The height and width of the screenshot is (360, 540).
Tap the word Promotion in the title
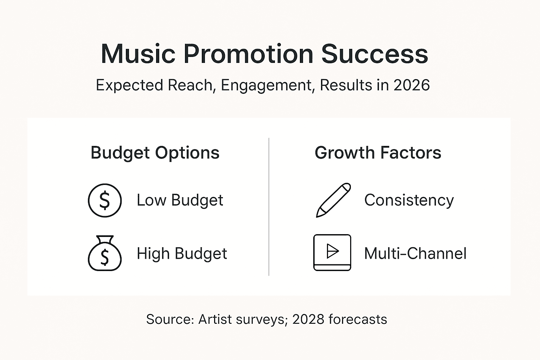coord(248,54)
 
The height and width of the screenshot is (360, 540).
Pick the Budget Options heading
coord(155,153)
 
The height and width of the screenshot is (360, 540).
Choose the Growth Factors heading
coord(378,153)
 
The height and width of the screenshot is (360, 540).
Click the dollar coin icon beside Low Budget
coord(105,200)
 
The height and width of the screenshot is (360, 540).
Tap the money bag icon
coord(105,254)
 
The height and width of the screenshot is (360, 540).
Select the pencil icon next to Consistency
coord(333,200)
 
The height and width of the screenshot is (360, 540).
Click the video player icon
coord(332,252)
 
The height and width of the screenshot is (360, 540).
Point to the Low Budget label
coord(180,200)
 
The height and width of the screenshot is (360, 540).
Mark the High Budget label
coord(182,254)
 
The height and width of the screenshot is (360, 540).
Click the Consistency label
coord(409,200)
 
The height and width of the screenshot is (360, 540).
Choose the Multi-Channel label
coord(415,253)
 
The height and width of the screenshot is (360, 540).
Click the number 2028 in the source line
coord(308,320)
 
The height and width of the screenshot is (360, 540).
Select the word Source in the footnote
coord(170,320)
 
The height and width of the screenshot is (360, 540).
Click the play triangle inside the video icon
coord(332,251)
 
